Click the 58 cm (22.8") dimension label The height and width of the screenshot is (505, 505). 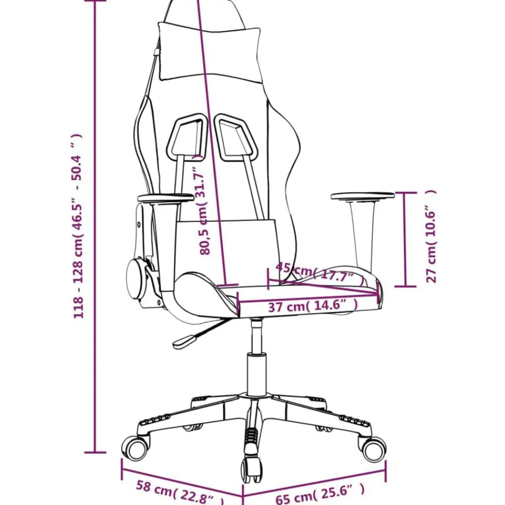[179, 492]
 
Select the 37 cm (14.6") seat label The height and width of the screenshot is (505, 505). [313, 306]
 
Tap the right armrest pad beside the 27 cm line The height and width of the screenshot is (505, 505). [363, 196]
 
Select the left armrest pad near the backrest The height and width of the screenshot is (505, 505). [166, 198]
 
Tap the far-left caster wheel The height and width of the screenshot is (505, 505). [135, 448]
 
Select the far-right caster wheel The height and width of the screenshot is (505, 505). [373, 449]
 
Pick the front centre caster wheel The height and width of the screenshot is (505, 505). [252, 469]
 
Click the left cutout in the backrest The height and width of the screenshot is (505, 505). [187, 136]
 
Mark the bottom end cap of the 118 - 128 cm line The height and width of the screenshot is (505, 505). [95, 452]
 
